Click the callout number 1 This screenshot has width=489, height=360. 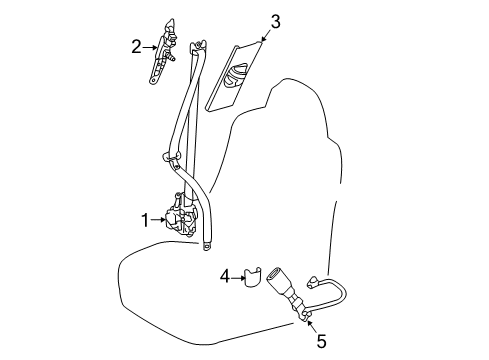[145, 220]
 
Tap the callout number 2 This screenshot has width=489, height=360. [136, 47]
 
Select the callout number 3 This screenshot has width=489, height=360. [275, 21]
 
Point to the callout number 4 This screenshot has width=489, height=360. [225, 277]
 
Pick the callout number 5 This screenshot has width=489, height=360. [322, 341]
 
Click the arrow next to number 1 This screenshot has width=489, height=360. [158, 220]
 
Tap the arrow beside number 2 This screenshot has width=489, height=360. [151, 48]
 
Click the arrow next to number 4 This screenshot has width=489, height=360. [238, 277]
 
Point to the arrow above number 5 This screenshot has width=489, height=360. [312, 327]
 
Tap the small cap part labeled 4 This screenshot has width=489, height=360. [252, 276]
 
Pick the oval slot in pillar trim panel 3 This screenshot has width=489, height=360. [236, 76]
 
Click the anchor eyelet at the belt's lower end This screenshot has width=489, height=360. [206, 246]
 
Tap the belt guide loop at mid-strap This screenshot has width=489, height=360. [172, 158]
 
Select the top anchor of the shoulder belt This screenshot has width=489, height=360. [198, 45]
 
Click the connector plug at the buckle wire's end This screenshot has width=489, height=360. [313, 282]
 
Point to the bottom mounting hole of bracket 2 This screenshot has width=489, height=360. [153, 80]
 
